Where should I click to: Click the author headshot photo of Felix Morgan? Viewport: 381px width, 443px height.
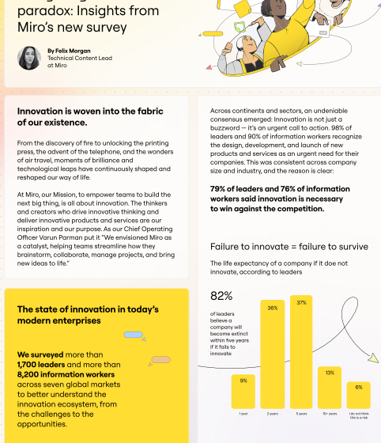pyautogui.click(x=29, y=58)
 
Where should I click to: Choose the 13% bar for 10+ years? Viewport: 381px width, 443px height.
pyautogui.click(x=330, y=388)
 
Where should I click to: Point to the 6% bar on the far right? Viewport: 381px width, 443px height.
pyautogui.click(x=359, y=395)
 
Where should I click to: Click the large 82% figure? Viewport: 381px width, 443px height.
pyautogui.click(x=221, y=296)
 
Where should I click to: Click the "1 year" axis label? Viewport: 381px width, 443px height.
pyautogui.click(x=243, y=414)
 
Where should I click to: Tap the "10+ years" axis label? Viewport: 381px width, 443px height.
pyautogui.click(x=330, y=414)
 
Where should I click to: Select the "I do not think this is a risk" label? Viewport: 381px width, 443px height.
pyautogui.click(x=359, y=415)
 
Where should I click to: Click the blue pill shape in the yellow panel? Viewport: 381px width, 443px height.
pyautogui.click(x=133, y=335)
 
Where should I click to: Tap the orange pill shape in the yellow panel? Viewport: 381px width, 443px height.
pyautogui.click(x=160, y=360)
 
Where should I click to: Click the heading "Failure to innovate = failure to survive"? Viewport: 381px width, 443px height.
pyautogui.click(x=289, y=246)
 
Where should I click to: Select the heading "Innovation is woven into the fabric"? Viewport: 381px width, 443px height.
pyautogui.click(x=96, y=112)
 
